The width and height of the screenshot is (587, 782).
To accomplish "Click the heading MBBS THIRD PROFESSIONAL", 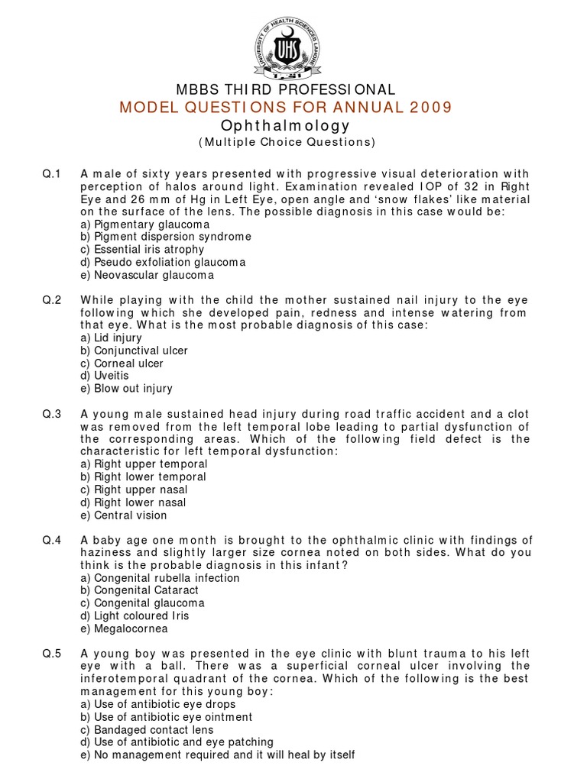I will pyautogui.click(x=286, y=90).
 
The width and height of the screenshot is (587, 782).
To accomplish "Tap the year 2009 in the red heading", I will pyautogui.click(x=430, y=107).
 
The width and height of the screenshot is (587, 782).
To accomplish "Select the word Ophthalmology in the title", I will pyautogui.click(x=285, y=125).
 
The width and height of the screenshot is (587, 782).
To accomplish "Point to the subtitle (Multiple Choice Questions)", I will pyautogui.click(x=286, y=142).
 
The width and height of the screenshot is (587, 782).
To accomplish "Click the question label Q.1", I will pyautogui.click(x=52, y=174).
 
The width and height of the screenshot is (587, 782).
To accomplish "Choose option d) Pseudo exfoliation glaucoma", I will pyautogui.click(x=163, y=262).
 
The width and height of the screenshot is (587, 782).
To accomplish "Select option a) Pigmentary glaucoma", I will pyautogui.click(x=144, y=225).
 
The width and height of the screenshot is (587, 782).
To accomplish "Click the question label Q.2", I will pyautogui.click(x=52, y=300).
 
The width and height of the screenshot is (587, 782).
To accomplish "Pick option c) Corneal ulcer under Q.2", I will pyautogui.click(x=122, y=363).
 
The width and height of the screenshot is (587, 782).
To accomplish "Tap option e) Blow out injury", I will pyautogui.click(x=126, y=388).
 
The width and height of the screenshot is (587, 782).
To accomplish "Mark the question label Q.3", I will pyautogui.click(x=52, y=414).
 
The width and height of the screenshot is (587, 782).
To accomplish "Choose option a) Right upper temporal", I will pyautogui.click(x=144, y=464).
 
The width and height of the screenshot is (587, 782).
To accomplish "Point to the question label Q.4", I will pyautogui.click(x=52, y=540).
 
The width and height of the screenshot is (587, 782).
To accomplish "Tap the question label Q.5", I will pyautogui.click(x=52, y=654).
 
